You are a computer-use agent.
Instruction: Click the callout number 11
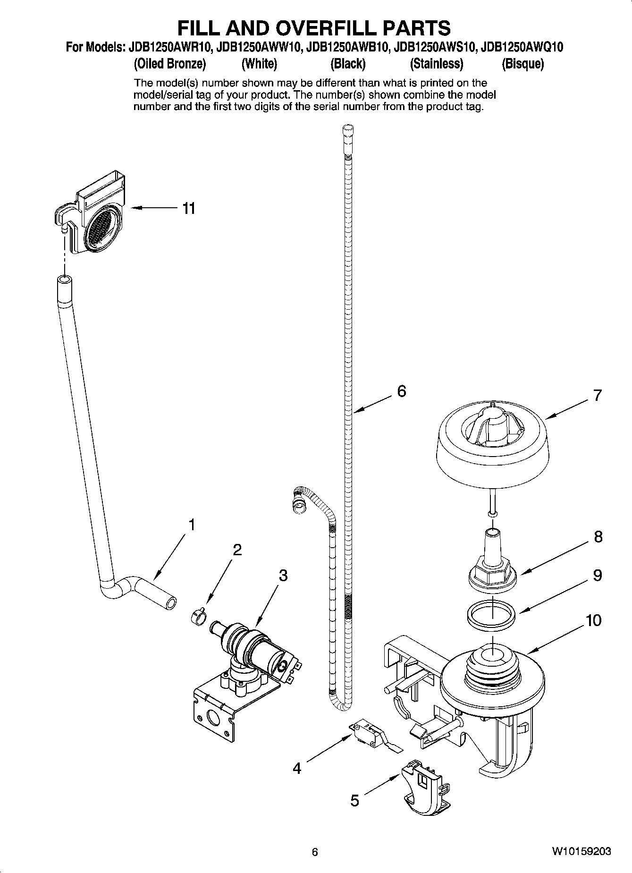(189, 208)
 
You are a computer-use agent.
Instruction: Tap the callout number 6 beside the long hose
(401, 391)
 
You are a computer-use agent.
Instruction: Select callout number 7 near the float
(598, 395)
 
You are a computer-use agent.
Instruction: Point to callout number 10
(593, 620)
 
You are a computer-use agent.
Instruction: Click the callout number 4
(296, 769)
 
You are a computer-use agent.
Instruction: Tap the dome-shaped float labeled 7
(492, 444)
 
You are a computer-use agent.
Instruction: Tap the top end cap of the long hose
(348, 129)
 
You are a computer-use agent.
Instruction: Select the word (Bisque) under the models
(523, 64)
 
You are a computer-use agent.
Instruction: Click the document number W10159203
(581, 851)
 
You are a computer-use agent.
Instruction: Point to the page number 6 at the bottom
(315, 852)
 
